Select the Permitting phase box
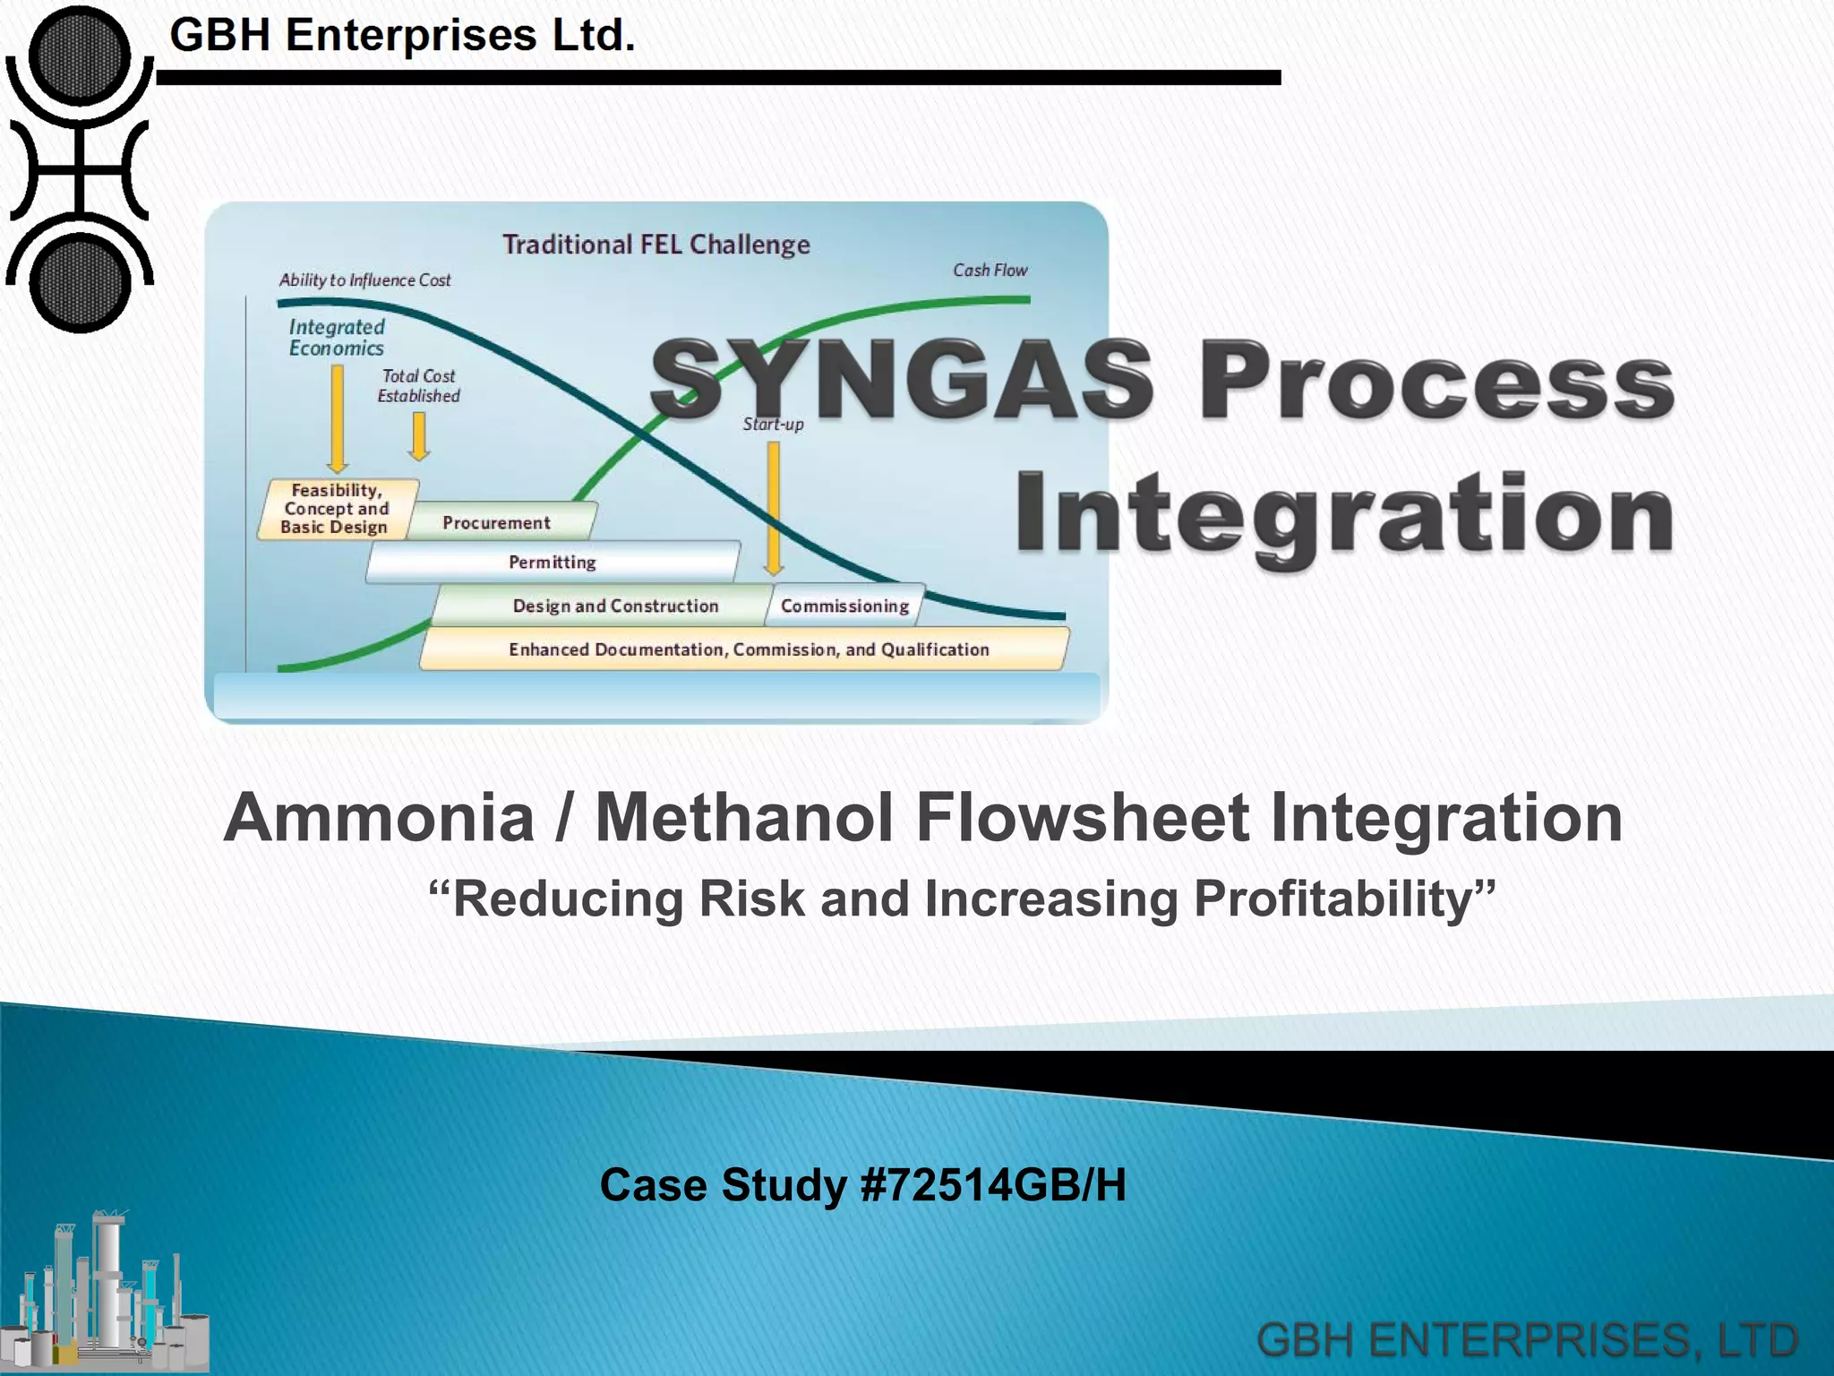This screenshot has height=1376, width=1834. point(553,563)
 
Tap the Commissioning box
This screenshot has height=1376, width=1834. point(844,606)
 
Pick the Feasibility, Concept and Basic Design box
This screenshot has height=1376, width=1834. point(336,509)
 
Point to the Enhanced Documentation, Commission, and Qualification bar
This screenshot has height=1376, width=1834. point(748,649)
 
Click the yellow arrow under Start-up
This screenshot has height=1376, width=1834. point(774,507)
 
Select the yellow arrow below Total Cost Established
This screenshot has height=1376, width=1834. point(418,436)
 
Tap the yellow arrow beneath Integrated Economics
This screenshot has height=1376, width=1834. point(338,417)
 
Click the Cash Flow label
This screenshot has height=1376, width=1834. point(990,271)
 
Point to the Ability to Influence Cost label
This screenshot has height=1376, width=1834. point(364,280)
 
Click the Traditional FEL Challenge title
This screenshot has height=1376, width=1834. point(656,245)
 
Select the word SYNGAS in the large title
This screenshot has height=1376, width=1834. point(901,380)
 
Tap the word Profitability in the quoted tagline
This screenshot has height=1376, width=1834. point(1343,899)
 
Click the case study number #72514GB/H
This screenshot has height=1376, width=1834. point(992,1185)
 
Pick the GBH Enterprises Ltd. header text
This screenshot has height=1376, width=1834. point(402,36)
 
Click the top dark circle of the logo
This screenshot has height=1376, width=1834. point(80,56)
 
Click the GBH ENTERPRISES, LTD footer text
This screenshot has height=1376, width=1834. point(1528,1340)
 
